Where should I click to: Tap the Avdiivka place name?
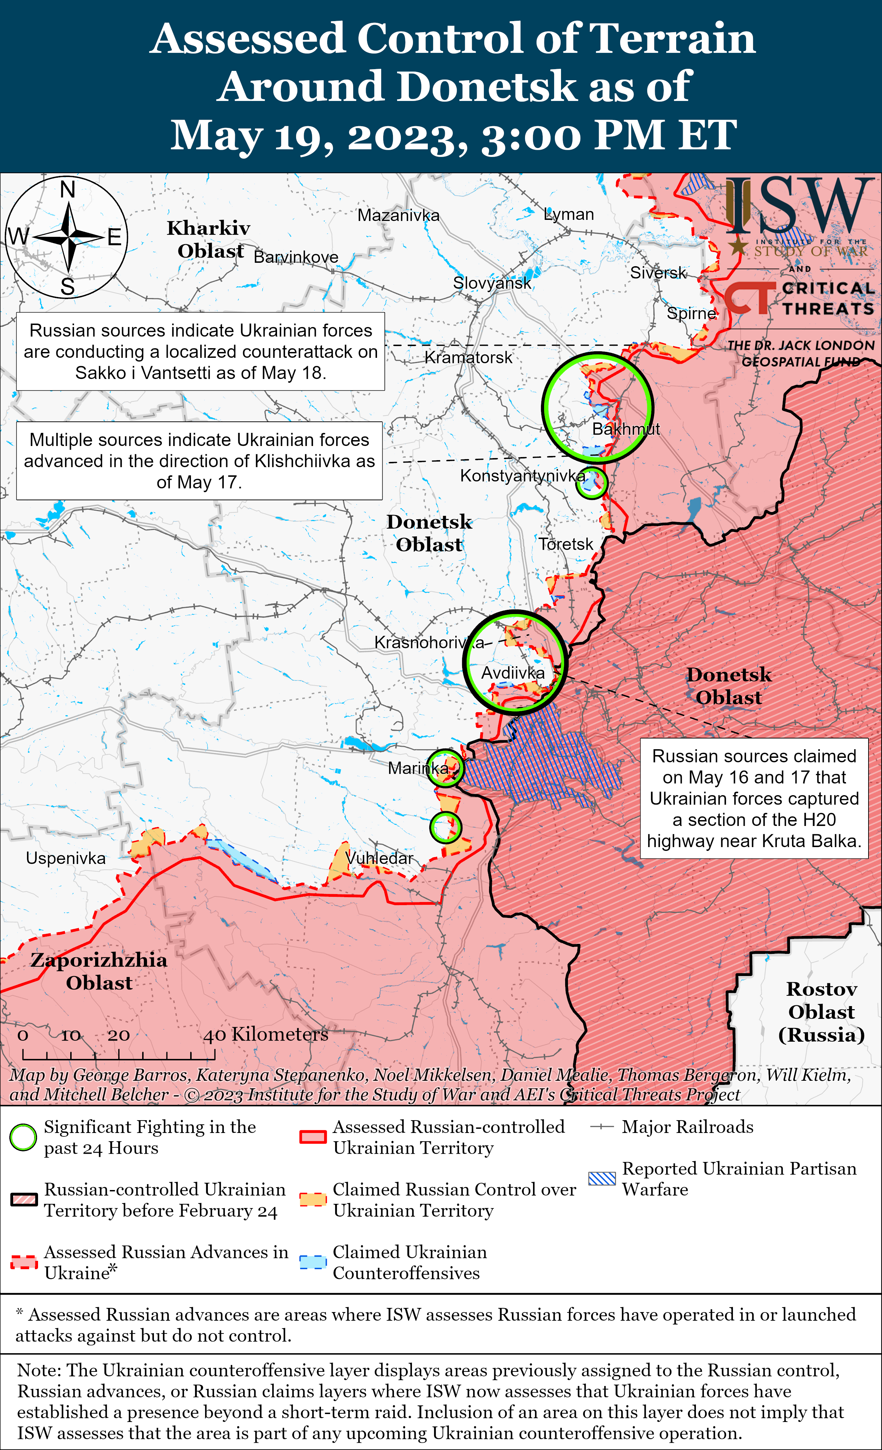[x=513, y=673]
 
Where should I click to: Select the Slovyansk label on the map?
[x=491, y=283]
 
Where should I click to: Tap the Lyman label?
[x=569, y=214]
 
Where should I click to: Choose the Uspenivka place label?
[x=65, y=858]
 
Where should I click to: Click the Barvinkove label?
[x=296, y=257]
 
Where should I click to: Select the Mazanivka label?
[x=398, y=215]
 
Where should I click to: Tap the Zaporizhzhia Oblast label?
[x=99, y=971]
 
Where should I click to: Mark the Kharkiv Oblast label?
[x=209, y=239]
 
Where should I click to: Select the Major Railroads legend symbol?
[x=602, y=1127]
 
